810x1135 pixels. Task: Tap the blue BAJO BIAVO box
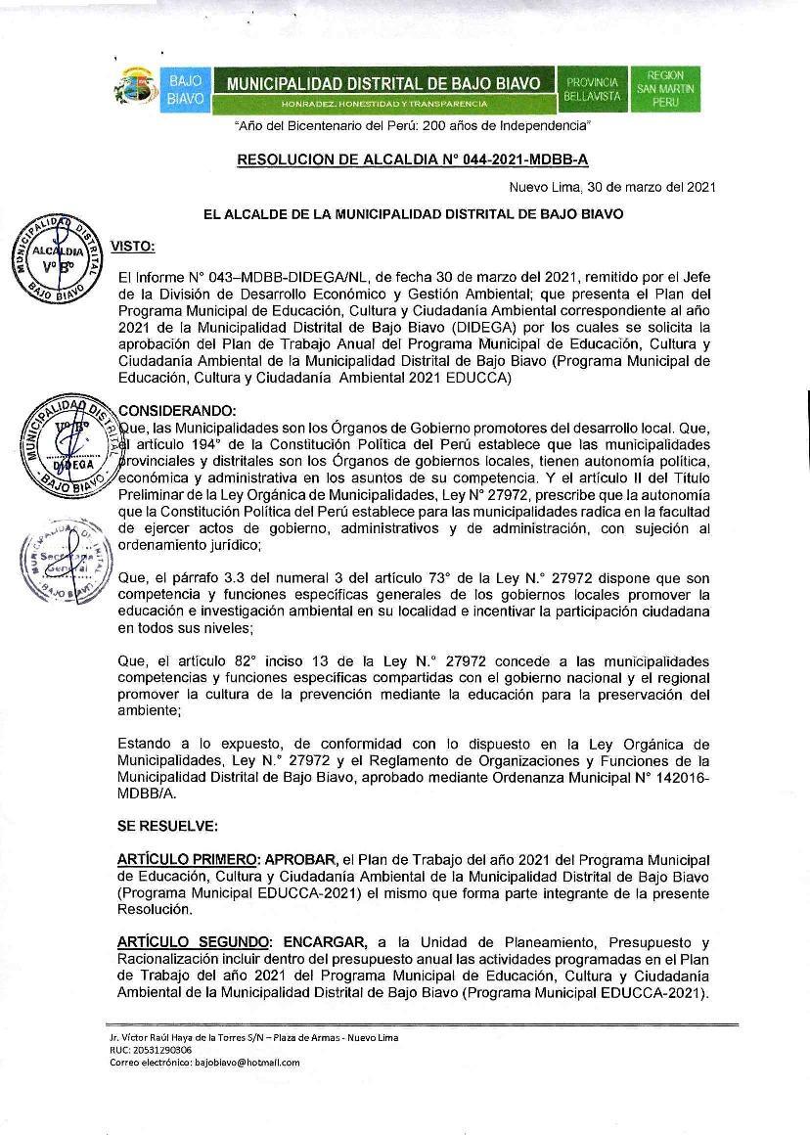tap(185, 89)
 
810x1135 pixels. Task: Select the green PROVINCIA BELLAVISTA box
tap(591, 89)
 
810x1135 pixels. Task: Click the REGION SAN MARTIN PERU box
tap(665, 89)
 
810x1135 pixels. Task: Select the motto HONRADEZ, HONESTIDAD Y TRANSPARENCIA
tap(383, 103)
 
